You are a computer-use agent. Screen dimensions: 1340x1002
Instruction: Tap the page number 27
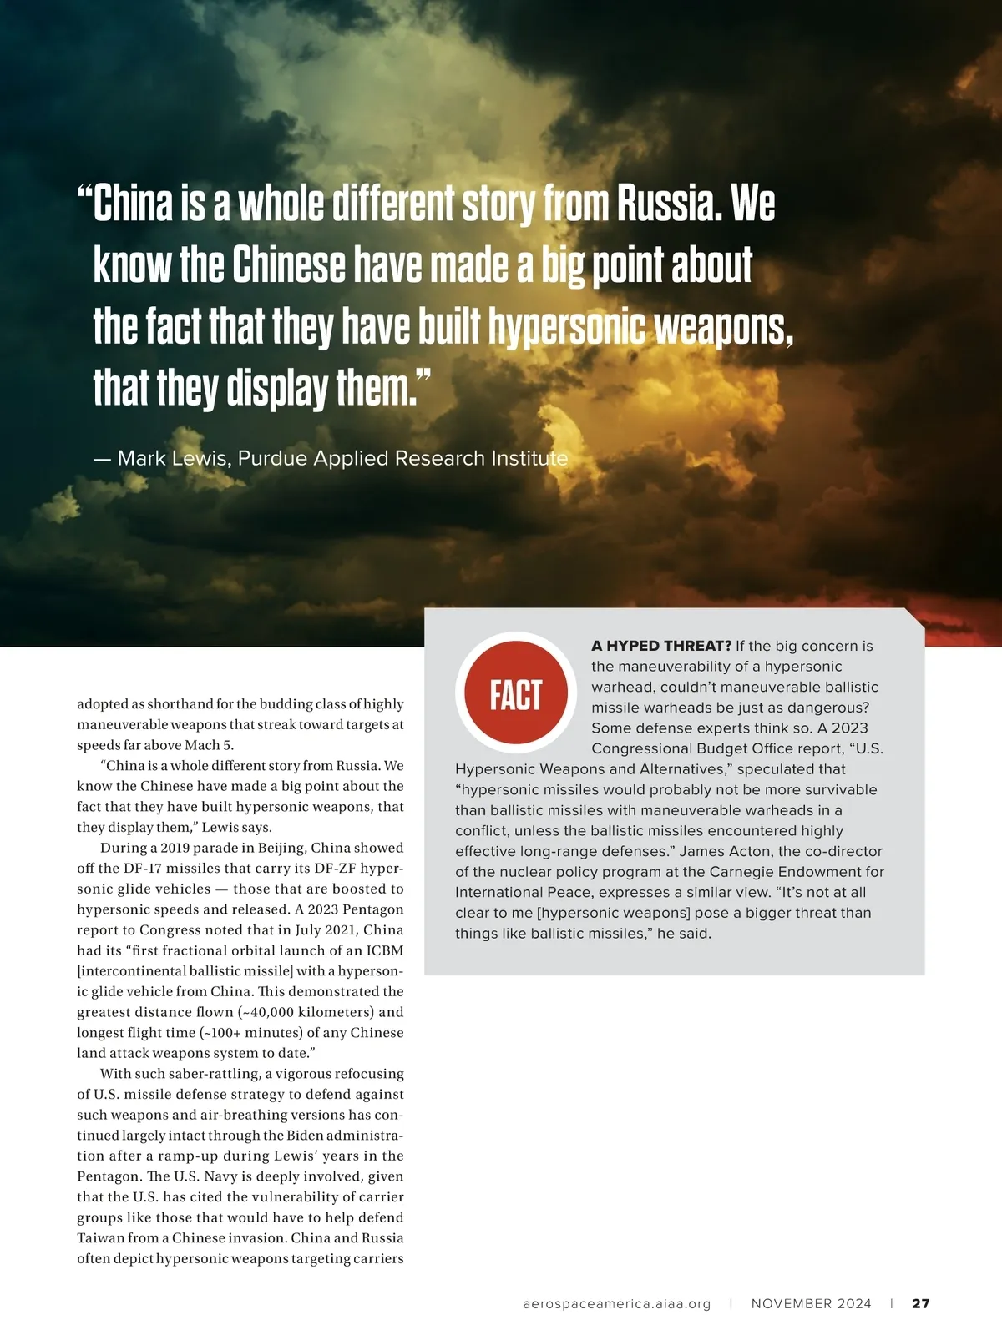pos(920,1303)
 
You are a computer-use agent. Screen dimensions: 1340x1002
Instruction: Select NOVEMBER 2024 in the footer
pos(811,1303)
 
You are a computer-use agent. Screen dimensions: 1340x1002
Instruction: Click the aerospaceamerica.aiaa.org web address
pos(617,1303)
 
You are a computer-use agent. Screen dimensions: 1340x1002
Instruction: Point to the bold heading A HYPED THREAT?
pos(660,646)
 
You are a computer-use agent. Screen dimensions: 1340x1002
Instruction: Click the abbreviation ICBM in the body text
pos(384,950)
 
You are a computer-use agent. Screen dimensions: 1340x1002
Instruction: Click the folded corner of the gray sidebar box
pos(914,618)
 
